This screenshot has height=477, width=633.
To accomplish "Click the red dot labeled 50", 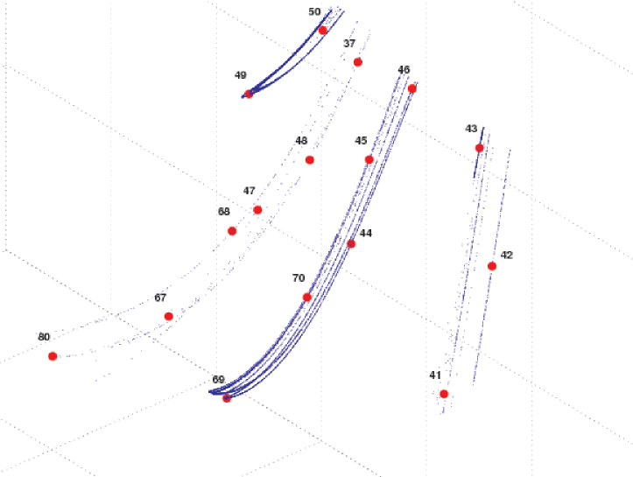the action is tap(323, 31).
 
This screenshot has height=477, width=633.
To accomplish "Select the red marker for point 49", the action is tap(249, 94).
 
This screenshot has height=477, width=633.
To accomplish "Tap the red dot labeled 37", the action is tap(358, 62).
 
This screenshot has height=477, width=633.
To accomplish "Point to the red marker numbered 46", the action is tap(411, 88).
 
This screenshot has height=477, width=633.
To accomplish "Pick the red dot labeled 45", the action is tap(369, 159).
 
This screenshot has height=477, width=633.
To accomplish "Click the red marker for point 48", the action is tap(310, 160).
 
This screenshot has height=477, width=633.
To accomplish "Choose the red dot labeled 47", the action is tap(257, 210).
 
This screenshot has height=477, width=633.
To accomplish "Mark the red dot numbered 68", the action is tap(232, 231).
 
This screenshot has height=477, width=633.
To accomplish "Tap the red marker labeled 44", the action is tap(351, 243).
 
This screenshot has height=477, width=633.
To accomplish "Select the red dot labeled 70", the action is tap(306, 298).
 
